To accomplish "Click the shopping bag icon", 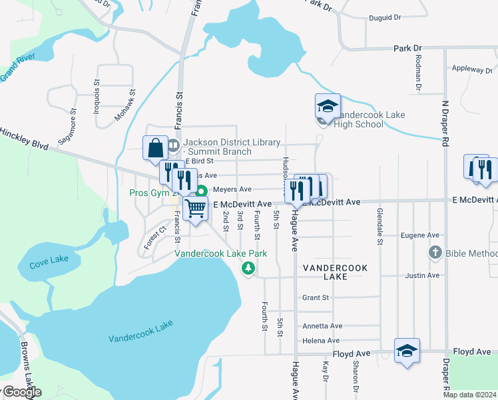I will [x=155, y=147].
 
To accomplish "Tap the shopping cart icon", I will [x=195, y=207].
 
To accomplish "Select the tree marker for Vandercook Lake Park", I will [x=248, y=268].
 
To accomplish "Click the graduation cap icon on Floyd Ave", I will [x=407, y=351].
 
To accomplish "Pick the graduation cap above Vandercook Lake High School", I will [x=328, y=106].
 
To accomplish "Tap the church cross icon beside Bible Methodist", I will [x=435, y=253].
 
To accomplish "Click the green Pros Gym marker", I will [x=200, y=191].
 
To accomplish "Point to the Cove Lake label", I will [x=49, y=265].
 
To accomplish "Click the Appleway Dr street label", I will [x=471, y=69].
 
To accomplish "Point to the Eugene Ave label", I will [x=419, y=235].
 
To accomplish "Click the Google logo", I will [x=21, y=392].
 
